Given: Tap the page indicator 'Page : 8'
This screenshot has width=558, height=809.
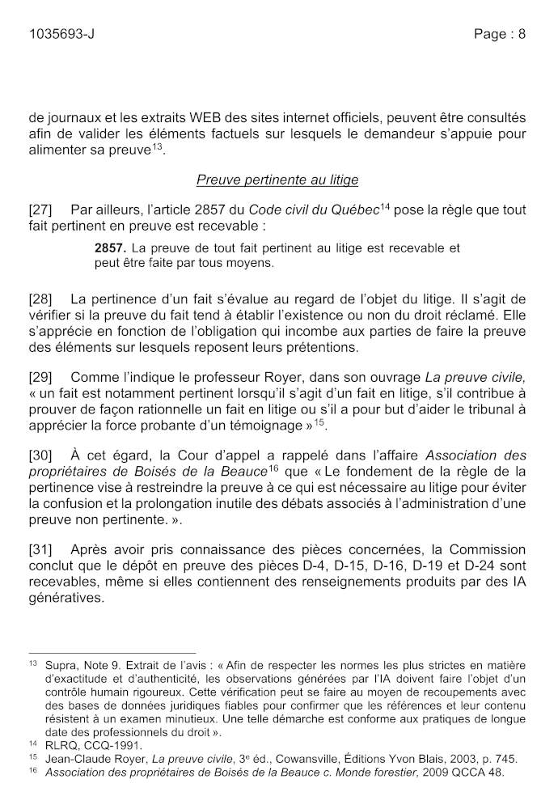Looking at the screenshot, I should click(500, 34).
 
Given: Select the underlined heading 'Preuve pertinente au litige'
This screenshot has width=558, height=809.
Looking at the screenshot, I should click(277, 180).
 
